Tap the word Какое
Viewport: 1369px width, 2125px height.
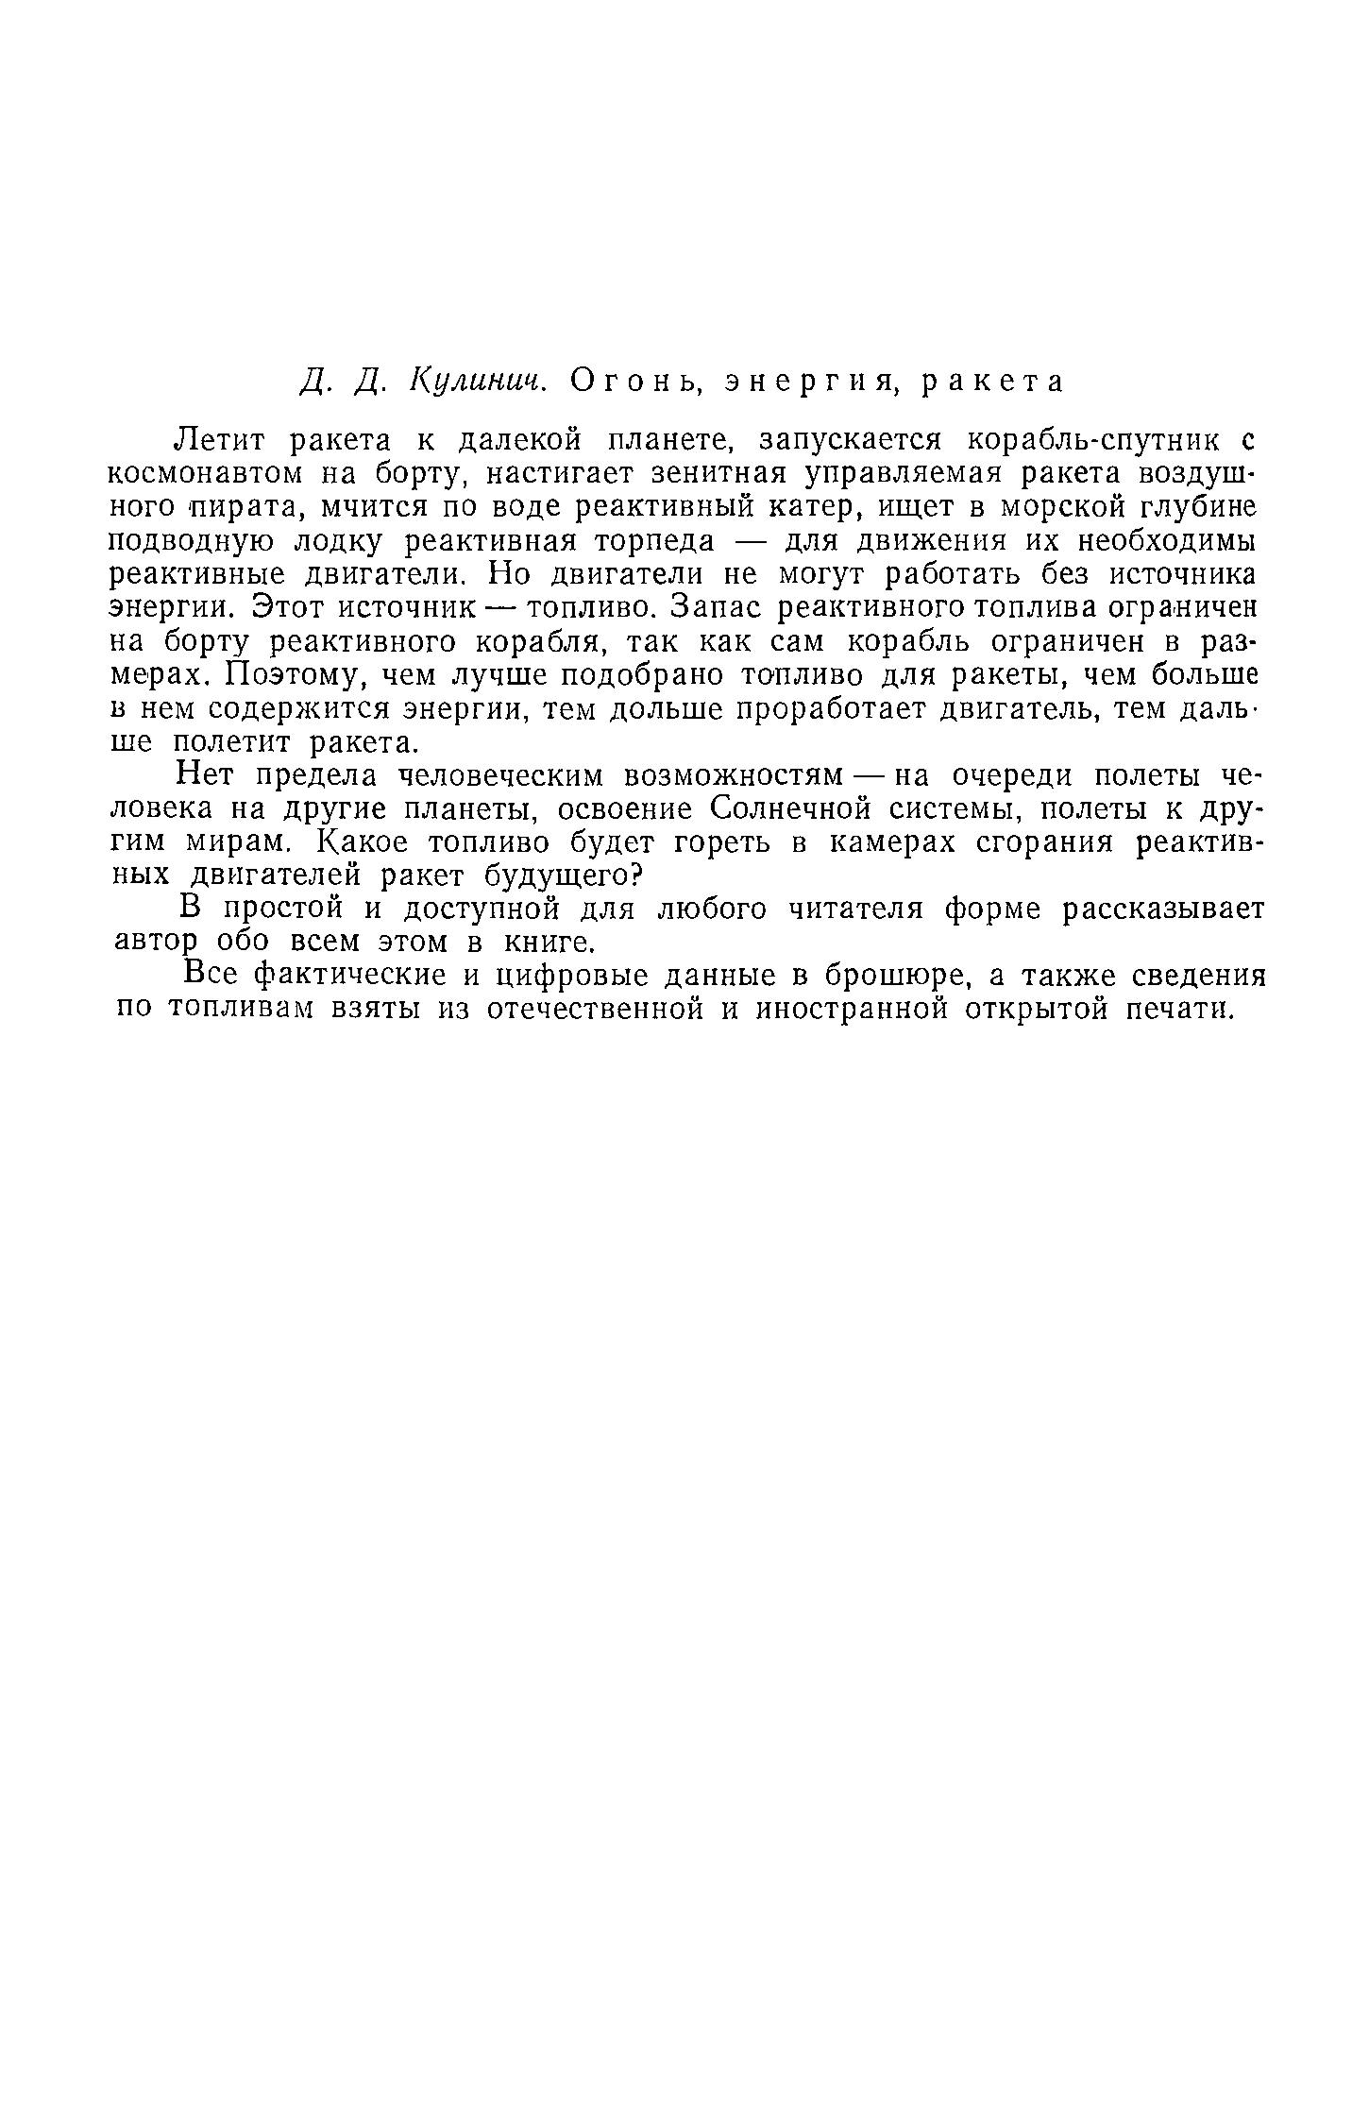point(372,843)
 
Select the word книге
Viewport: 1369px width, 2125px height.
point(549,943)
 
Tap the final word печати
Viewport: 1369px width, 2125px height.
point(1180,1010)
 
